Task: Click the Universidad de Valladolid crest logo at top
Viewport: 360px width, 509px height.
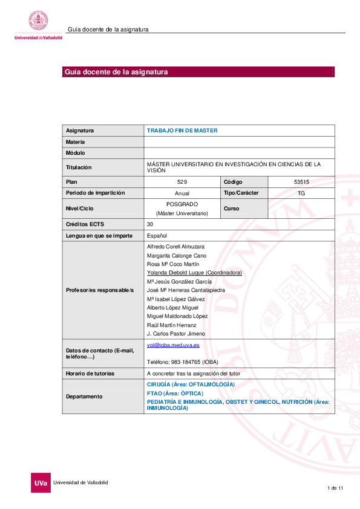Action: coord(39,22)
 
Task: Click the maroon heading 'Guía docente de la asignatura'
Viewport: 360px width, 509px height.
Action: coord(116,72)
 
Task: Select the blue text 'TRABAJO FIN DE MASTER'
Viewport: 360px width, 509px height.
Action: coord(182,131)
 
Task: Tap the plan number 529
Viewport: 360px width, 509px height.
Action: coord(182,182)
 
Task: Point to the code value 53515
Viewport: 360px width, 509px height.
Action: coord(301,182)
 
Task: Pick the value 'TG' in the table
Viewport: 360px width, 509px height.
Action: coord(301,193)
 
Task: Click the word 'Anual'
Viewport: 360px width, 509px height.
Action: coord(182,193)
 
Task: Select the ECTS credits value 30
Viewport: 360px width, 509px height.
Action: coord(150,224)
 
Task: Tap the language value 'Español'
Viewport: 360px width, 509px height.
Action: coord(157,235)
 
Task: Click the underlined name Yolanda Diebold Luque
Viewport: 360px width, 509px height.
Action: coord(194,273)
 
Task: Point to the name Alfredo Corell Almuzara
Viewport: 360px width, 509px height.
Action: coord(175,247)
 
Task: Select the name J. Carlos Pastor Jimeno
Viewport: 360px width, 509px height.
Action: coord(175,334)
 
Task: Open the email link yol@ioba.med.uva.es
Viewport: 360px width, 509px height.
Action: coord(173,345)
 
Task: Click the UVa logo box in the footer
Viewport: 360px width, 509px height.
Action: coord(41,483)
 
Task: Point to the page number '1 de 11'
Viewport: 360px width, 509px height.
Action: coord(335,487)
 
